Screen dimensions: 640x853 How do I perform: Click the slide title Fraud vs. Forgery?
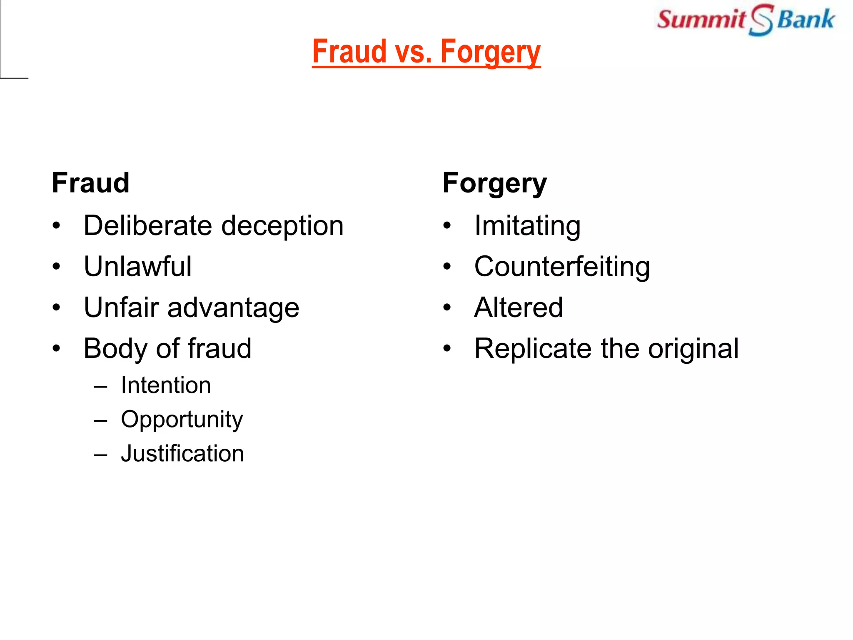[x=426, y=52]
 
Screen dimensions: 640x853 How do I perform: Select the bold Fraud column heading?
[x=91, y=183]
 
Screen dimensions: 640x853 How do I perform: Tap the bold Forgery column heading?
[x=494, y=184]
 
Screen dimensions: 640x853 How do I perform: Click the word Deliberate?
[x=148, y=226]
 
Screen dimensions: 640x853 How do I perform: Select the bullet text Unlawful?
[x=138, y=267]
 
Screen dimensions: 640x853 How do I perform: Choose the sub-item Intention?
[x=166, y=385]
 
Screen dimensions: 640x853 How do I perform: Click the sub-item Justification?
[x=182, y=454]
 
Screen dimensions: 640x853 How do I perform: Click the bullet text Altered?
[x=519, y=308]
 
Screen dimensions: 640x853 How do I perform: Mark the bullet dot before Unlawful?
[x=57, y=267]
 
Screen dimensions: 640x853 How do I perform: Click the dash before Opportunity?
[x=100, y=420]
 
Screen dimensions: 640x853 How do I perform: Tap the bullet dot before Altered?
[x=447, y=308]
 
